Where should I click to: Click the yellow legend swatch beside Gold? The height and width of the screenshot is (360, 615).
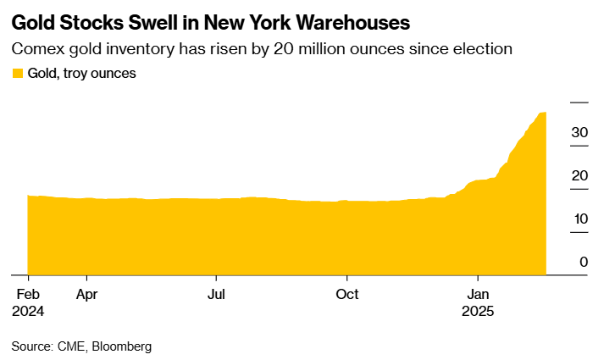(17, 74)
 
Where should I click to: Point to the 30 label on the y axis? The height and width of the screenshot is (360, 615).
(579, 133)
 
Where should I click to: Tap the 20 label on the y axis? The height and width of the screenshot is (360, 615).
(579, 176)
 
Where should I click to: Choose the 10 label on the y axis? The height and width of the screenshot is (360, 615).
(579, 219)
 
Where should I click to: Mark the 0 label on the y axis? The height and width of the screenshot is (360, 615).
(584, 263)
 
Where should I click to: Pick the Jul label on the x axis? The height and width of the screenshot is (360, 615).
(217, 295)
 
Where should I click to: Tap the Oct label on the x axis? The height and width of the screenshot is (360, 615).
(347, 295)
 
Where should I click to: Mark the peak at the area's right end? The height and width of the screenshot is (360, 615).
(544, 113)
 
